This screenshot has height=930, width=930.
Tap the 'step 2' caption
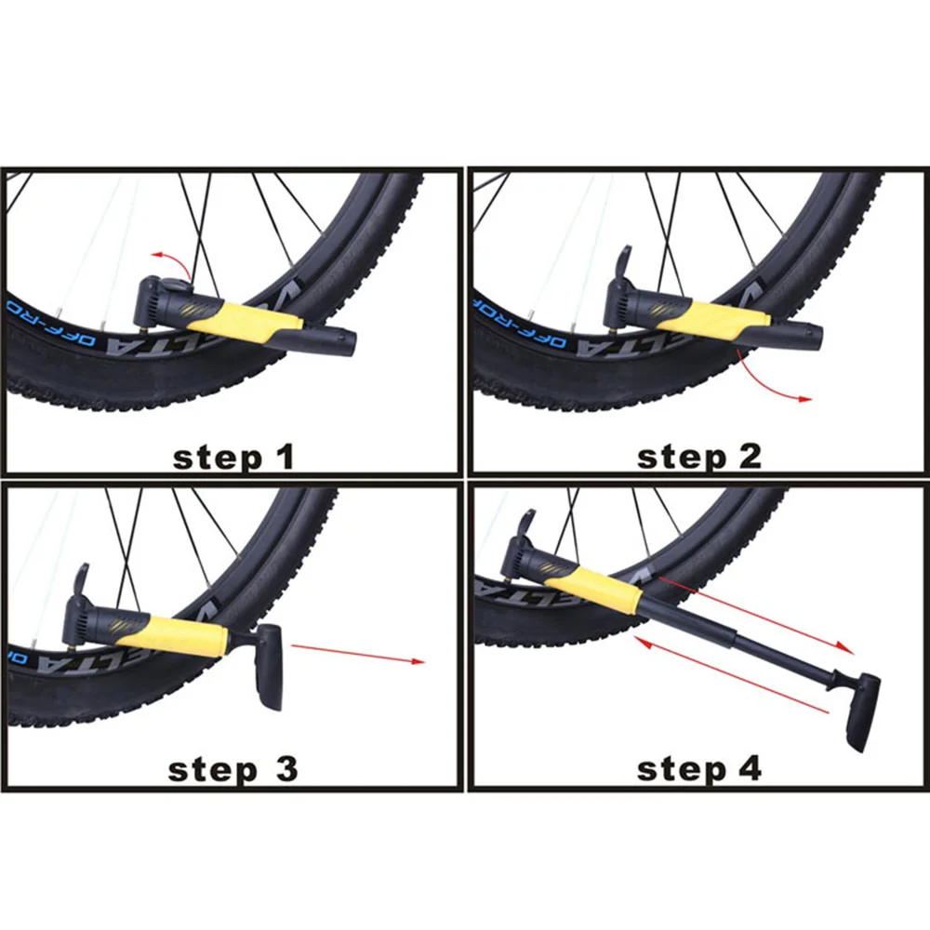click(x=698, y=457)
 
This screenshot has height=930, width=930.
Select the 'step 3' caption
click(x=232, y=769)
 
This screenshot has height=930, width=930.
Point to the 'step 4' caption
click(x=698, y=769)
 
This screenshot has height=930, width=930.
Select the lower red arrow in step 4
click(x=730, y=678)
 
